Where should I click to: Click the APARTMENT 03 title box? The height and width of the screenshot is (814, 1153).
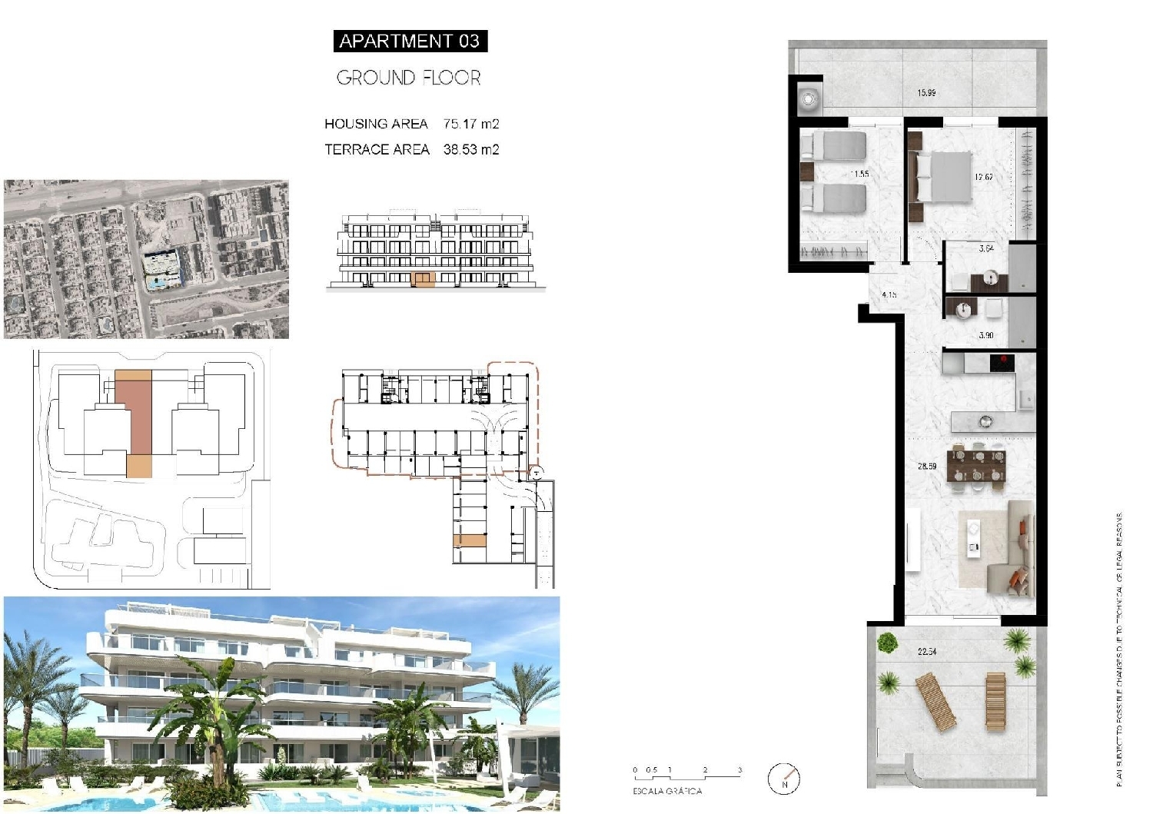pos(410,41)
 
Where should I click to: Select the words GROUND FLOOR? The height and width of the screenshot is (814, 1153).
pos(408,78)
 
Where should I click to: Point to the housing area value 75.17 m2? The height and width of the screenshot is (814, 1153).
pos(471,124)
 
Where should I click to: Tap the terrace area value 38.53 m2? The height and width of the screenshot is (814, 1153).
pos(471,150)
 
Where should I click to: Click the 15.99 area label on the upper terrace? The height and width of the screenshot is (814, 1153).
pos(926,93)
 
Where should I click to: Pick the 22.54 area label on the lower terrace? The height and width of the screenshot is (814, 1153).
pos(927,652)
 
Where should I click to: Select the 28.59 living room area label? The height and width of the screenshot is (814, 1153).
pos(927,466)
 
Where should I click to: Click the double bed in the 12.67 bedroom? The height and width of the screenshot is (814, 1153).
pos(942,176)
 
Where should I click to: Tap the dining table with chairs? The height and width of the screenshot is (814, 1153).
pos(976,466)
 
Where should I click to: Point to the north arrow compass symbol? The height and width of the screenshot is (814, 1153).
pos(785,779)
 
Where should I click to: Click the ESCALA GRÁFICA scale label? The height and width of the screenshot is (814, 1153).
pos(667,791)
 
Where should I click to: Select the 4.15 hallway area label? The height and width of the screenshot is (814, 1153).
pos(889,294)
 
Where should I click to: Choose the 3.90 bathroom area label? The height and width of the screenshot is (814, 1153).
pos(986,335)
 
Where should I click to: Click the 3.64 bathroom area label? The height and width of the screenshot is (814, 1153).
pos(986,248)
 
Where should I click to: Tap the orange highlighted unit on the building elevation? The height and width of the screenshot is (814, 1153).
pos(423,279)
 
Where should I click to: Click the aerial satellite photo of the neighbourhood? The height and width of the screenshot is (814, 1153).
pos(146,259)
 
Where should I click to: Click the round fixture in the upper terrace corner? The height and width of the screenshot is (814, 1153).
pos(809,98)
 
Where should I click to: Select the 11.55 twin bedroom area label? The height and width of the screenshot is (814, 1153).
pos(860,174)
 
